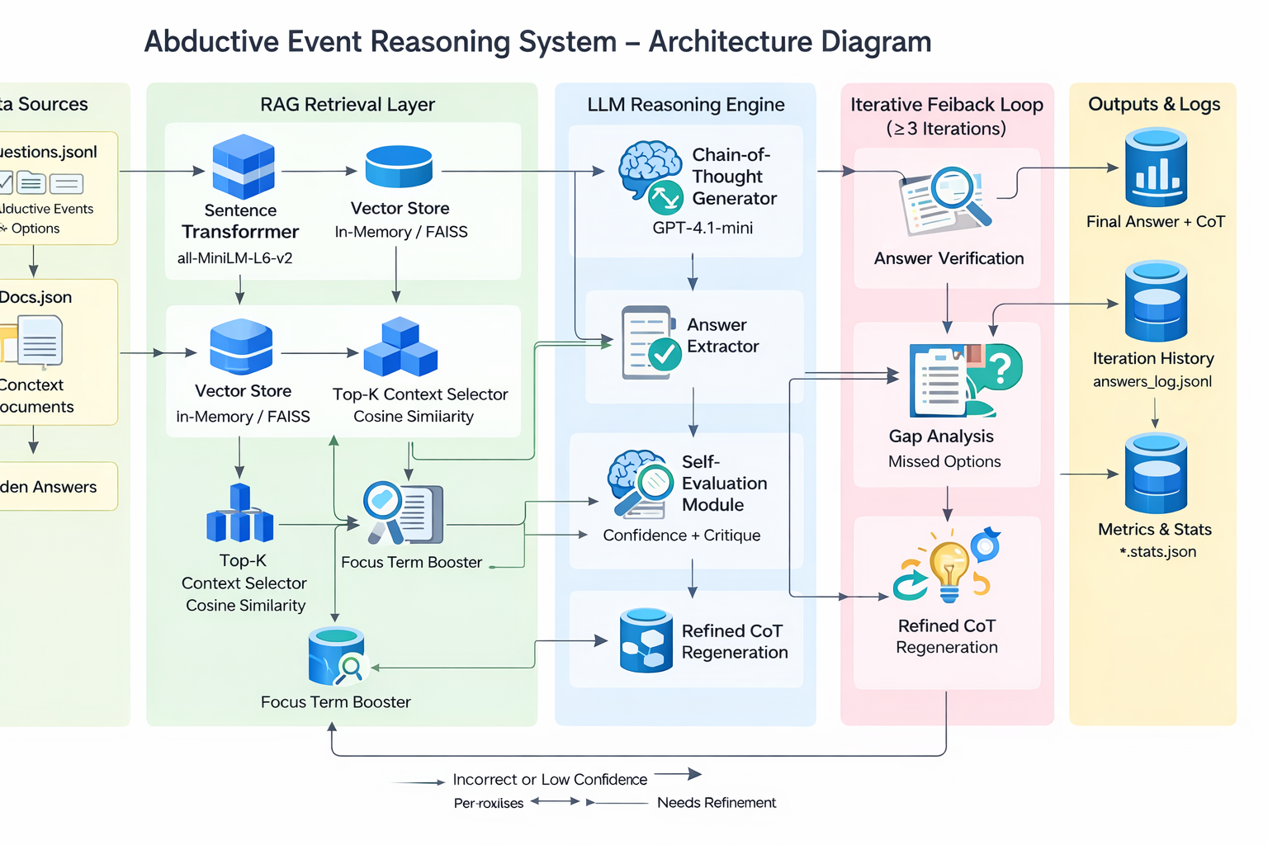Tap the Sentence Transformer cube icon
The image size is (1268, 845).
(243, 167)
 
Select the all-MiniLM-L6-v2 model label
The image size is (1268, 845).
(234, 258)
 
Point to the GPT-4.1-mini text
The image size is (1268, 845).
(703, 228)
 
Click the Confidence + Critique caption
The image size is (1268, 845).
(681, 536)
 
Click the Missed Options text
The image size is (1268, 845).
(944, 462)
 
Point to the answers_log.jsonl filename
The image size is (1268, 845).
(1152, 381)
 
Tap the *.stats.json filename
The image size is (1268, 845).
(1157, 552)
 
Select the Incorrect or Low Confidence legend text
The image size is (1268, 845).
(550, 780)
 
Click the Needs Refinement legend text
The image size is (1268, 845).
(717, 803)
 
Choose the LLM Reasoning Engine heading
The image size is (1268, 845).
(686, 105)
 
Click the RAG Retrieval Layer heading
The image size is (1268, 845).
(347, 105)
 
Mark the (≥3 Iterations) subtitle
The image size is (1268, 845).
(946, 129)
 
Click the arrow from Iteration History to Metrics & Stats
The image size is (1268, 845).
(1154, 412)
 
